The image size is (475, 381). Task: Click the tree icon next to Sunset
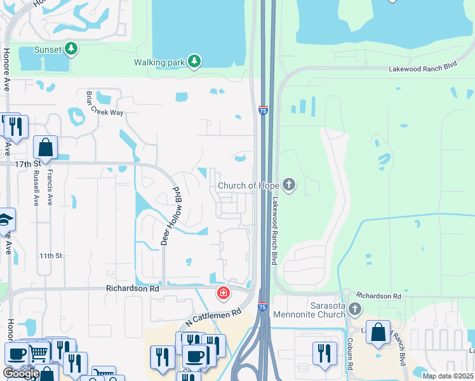(72, 49)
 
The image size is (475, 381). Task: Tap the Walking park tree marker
(194, 62)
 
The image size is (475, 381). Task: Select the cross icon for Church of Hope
(289, 185)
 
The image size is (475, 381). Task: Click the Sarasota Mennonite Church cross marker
(354, 309)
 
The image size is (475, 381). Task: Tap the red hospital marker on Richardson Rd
(223, 293)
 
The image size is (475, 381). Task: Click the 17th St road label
(27, 164)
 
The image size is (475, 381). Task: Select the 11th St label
(50, 255)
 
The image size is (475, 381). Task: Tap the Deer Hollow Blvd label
(170, 216)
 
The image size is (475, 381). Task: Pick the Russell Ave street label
(35, 188)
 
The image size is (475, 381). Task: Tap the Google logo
(21, 373)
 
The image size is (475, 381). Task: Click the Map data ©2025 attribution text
(448, 376)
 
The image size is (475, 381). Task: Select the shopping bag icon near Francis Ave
(46, 148)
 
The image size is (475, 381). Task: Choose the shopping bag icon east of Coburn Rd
(378, 332)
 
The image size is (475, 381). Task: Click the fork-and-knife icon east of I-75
(324, 353)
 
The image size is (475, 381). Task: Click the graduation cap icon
(5, 219)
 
